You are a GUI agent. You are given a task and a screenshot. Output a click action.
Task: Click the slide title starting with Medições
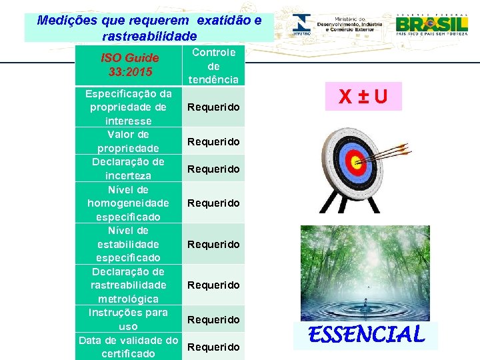[149, 28]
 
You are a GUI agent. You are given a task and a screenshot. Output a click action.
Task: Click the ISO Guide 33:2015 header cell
[129, 65]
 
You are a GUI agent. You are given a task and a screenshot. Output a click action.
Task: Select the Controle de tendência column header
[213, 66]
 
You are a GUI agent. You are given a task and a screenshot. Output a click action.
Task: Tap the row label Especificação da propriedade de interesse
[129, 107]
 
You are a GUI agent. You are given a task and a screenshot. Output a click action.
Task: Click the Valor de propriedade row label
[129, 141]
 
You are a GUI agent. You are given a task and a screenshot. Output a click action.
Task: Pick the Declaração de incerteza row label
[129, 169]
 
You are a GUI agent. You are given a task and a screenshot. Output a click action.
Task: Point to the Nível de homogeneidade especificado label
[129, 203]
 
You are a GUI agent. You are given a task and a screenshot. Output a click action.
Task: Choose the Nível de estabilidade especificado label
[129, 244]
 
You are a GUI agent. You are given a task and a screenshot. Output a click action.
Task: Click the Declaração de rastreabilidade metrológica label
[129, 285]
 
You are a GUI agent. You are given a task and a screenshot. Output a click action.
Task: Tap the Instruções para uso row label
[129, 319]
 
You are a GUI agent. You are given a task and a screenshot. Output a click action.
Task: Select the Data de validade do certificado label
[129, 347]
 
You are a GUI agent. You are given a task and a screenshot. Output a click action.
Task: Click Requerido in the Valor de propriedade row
[213, 141]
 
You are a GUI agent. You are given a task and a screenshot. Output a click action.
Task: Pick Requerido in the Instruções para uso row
[213, 320]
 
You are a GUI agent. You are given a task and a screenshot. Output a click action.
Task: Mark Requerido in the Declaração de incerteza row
[213, 169]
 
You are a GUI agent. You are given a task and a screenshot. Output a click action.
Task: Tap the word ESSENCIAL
[366, 334]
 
